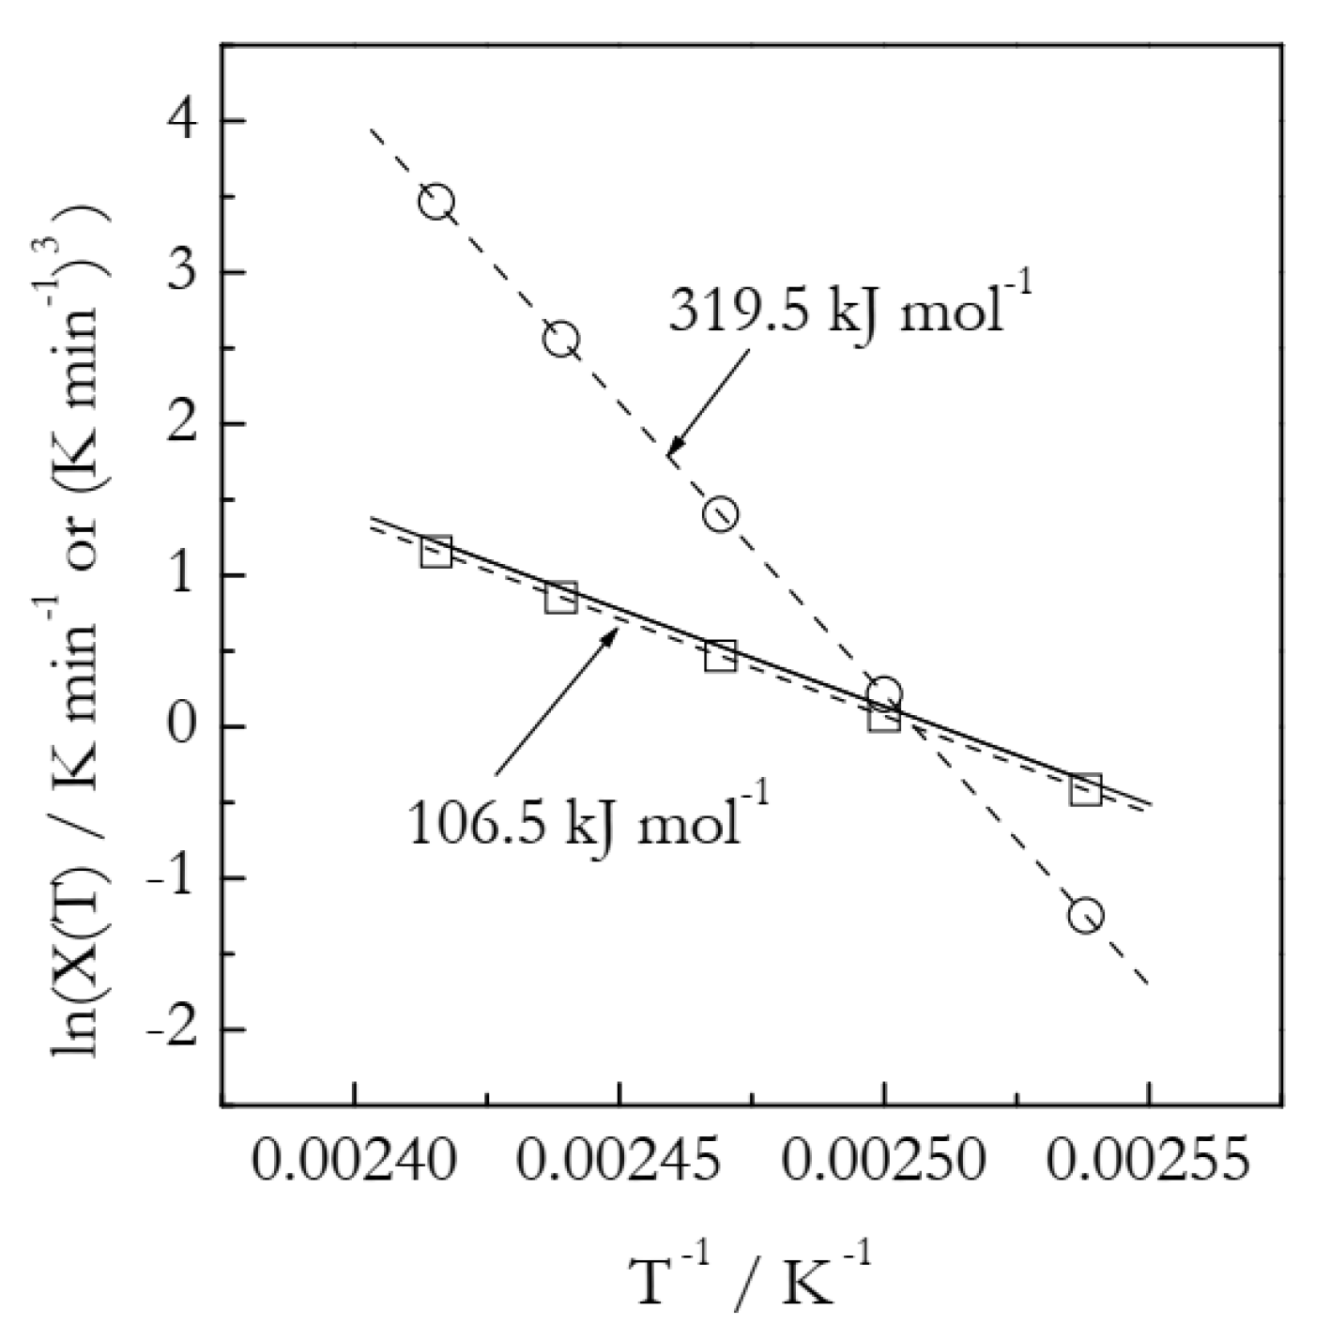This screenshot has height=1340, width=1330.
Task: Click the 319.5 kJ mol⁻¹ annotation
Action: coord(850,309)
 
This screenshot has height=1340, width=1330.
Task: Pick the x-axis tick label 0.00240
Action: coord(354,1163)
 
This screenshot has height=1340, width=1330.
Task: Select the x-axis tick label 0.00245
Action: coord(619,1163)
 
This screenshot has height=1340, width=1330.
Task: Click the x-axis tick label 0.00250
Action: coord(883,1163)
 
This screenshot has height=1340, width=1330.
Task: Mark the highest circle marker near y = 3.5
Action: coord(436,202)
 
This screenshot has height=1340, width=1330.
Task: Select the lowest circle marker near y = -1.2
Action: coord(1086,915)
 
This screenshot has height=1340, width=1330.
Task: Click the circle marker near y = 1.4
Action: coord(720,514)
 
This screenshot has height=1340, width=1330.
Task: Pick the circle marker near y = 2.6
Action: coord(561,340)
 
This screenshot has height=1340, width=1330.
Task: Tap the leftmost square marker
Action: coord(436,552)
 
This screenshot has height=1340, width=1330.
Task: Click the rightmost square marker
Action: coord(1086,790)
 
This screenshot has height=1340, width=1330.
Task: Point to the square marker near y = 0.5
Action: coord(720,656)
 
